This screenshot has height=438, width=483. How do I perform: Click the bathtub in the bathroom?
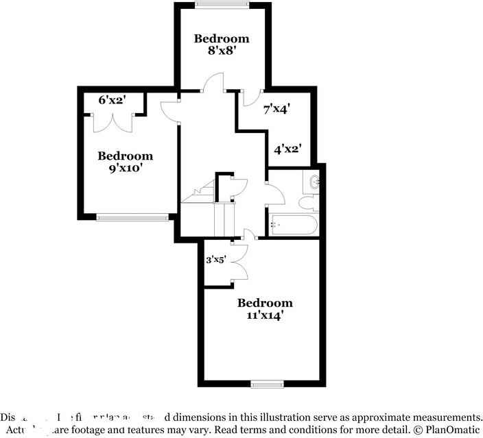[294, 223]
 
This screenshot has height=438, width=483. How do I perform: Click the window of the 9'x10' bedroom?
[132, 218]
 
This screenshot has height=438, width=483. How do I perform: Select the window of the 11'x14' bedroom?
[266, 383]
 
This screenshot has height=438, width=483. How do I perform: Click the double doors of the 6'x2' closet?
[113, 122]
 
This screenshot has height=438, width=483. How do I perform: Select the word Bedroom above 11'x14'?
[265, 303]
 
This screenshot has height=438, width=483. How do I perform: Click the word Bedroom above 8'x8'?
[221, 38]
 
